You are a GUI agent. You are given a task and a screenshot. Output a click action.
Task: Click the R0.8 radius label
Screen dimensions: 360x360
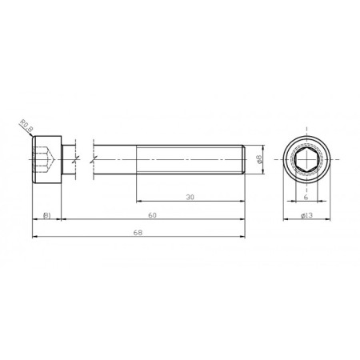(x=24, y=126)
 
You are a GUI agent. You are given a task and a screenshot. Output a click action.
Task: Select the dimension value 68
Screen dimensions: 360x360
(x=138, y=232)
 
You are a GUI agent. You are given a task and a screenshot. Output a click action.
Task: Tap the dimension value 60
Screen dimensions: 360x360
(x=152, y=215)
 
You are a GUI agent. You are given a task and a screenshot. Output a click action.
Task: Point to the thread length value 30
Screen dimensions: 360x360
(x=190, y=196)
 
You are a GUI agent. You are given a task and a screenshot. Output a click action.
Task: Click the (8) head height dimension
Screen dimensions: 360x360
(x=47, y=215)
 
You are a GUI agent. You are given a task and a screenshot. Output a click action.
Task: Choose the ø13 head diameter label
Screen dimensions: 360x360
(x=306, y=215)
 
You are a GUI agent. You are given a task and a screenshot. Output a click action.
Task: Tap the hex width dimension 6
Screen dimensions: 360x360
(x=306, y=196)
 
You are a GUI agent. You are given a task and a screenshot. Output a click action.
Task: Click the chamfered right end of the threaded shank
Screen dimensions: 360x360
(x=243, y=160)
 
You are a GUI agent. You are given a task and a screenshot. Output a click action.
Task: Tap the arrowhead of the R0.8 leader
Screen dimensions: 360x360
(x=33, y=136)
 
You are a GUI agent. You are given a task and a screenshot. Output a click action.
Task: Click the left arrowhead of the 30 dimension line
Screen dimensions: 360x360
(x=138, y=201)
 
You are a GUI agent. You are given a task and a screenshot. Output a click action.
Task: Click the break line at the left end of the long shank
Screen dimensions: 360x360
(x=94, y=160)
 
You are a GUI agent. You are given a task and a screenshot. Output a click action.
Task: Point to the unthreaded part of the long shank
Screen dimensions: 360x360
(x=116, y=160)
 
